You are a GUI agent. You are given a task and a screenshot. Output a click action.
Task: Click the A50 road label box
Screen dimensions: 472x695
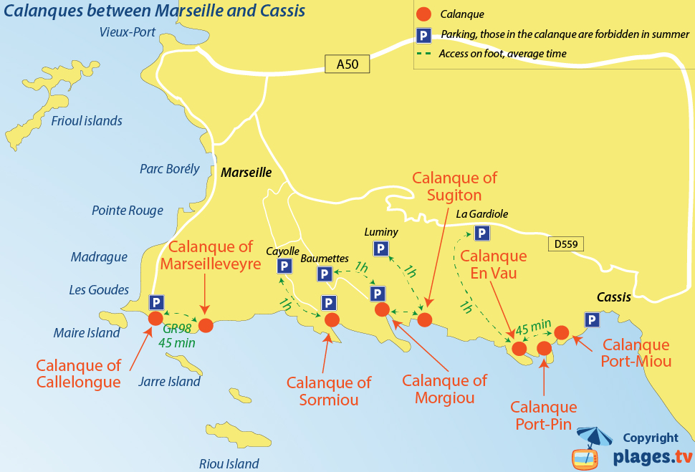347,64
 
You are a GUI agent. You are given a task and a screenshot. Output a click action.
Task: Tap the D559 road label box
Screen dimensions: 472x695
565,244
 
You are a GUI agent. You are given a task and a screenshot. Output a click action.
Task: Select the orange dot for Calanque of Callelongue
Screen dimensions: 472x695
155,319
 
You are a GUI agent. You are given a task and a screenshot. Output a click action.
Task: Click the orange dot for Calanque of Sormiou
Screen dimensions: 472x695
332,319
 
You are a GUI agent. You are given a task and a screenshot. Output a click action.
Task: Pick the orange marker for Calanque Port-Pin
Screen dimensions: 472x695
545,348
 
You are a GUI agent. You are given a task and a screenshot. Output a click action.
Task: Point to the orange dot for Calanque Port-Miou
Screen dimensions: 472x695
562,332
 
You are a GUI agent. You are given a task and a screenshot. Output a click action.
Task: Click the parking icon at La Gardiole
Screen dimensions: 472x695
482,233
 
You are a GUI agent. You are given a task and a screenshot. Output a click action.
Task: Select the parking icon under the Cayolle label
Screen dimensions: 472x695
284,266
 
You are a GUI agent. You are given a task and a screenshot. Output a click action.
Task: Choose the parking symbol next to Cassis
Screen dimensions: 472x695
592,320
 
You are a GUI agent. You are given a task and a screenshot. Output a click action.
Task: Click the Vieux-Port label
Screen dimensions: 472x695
128,32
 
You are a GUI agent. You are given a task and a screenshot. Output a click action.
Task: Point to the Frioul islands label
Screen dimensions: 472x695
87,121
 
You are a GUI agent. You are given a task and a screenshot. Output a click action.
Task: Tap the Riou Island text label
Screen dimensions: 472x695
229,463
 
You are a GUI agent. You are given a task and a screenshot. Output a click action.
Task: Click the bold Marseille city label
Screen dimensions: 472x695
246,173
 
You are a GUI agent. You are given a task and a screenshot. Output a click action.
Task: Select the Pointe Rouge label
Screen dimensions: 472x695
128,211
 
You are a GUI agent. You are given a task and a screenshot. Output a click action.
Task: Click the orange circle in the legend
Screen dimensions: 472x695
424,14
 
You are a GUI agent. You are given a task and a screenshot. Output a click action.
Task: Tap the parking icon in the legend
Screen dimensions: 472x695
424,34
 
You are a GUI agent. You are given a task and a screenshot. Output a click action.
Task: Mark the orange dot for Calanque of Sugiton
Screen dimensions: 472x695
425,319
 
